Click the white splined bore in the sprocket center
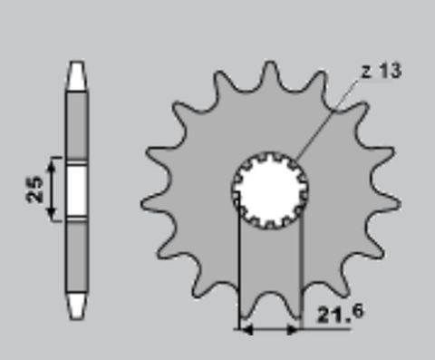pos(271,189)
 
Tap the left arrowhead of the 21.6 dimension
pos(244,329)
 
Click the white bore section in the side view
pos(77,190)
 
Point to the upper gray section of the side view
pos(77,122)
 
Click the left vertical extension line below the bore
pos(237,272)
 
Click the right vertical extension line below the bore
pos(299,272)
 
